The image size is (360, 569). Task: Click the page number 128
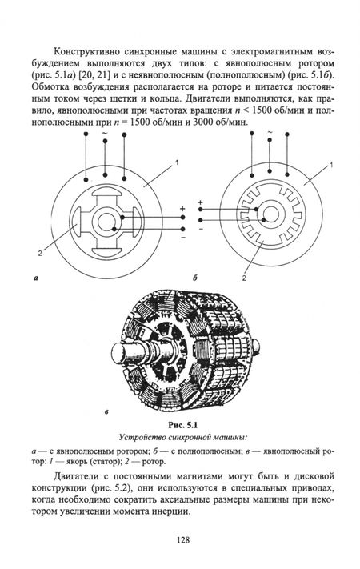183,540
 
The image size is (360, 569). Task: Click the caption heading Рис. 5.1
182,424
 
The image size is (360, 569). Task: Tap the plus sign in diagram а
182,209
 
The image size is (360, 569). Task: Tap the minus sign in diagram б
201,229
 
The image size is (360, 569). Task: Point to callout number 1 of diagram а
177,163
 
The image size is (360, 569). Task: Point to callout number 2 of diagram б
244,278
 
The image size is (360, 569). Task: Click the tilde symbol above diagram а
105,133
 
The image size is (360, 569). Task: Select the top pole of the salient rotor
106,192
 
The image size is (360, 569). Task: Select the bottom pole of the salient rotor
106,250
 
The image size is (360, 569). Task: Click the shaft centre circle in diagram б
270,215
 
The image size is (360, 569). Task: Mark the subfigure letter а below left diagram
35,278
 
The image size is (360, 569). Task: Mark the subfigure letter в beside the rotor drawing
106,412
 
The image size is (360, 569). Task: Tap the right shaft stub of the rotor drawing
255,347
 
